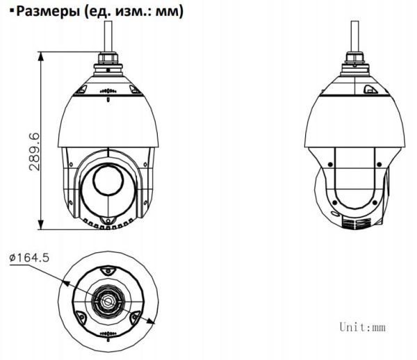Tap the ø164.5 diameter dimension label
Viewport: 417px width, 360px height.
click(29, 257)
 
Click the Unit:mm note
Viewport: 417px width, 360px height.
click(362, 326)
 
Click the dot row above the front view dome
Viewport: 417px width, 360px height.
click(107, 92)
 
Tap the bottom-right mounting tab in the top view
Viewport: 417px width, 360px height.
click(134, 320)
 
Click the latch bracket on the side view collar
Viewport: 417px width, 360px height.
click(368, 88)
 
